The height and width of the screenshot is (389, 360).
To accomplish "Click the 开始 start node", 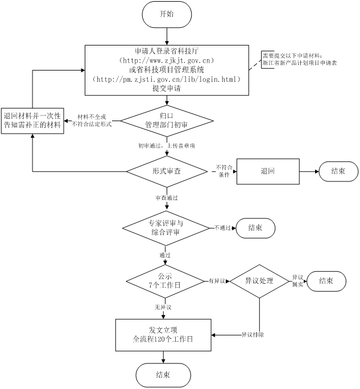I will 167,14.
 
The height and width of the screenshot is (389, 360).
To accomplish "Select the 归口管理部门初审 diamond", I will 167,119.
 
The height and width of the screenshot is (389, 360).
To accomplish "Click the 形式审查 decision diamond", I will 167,171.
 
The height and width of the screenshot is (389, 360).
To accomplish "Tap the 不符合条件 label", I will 224,171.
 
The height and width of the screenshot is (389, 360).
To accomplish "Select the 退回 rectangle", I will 267,171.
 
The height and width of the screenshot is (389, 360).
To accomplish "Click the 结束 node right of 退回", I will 338,171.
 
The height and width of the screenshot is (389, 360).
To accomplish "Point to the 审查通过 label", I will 167,197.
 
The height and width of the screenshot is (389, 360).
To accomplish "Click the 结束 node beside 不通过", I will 255,227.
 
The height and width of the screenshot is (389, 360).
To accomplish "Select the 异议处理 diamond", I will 259,281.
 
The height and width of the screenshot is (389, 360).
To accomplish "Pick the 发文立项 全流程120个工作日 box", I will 163,334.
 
